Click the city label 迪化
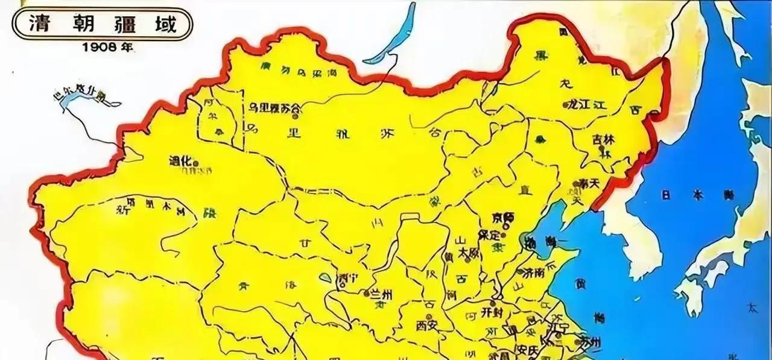point(180,161)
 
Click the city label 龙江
point(578,104)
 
